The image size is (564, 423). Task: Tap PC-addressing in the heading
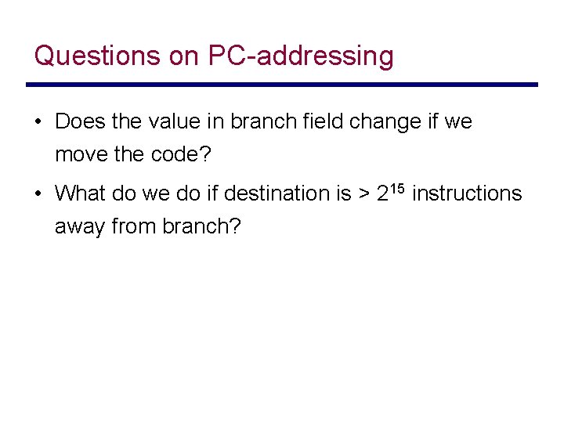coord(301,56)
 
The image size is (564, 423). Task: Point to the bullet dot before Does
coord(38,122)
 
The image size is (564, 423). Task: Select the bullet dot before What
coord(38,193)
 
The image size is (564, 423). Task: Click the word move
coord(81,155)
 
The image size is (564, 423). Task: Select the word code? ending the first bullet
coord(180,155)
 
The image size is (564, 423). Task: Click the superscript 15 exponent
coord(397,186)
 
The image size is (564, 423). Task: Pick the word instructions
coord(466,193)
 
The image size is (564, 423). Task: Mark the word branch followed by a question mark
coord(201,226)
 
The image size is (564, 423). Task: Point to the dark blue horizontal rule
coord(282,85)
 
